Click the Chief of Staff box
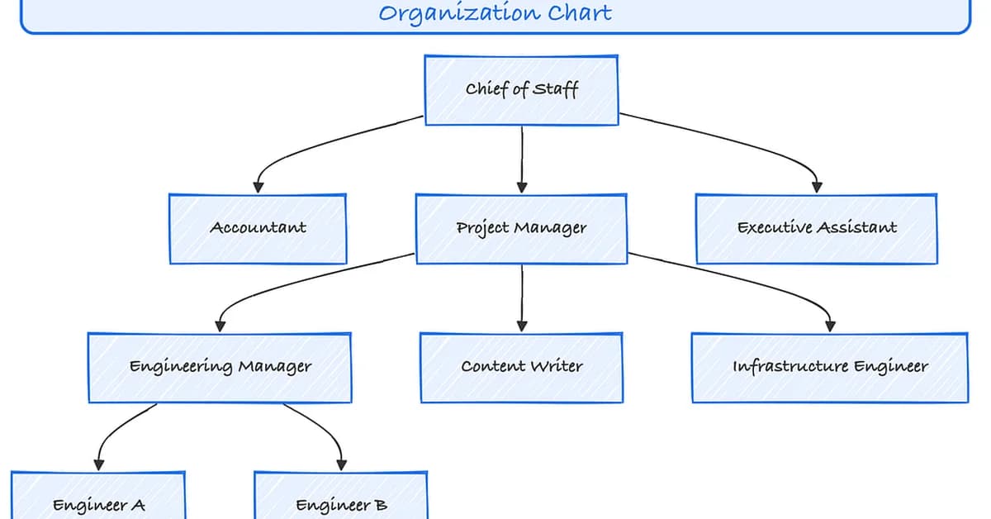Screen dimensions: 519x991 pyautogui.click(x=521, y=90)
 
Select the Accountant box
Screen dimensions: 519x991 pyautogui.click(x=258, y=229)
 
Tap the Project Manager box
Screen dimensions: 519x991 pyautogui.click(x=521, y=229)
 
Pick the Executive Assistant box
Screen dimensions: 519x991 pyautogui.click(x=816, y=229)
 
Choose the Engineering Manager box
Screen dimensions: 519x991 pyautogui.click(x=220, y=367)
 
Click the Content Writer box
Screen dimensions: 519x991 pyautogui.click(x=521, y=367)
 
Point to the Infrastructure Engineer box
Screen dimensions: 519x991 pyautogui.click(x=829, y=367)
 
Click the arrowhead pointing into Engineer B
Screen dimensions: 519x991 pyautogui.click(x=340, y=464)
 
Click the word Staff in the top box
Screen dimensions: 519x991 pyautogui.click(x=555, y=89)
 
